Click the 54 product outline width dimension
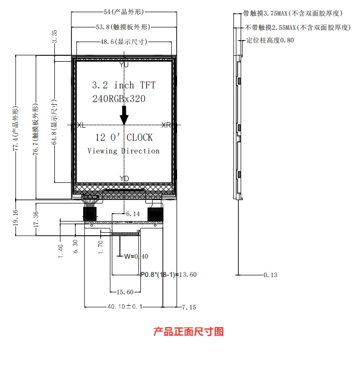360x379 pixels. (x=124, y=12)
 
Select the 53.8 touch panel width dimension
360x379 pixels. (x=123, y=27)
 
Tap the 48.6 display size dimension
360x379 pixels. (x=124, y=42)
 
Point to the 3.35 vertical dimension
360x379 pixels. (x=55, y=36)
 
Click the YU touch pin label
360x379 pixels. (x=124, y=65)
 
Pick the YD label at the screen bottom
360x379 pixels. (x=124, y=178)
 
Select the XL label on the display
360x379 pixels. (x=81, y=125)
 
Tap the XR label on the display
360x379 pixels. (x=166, y=125)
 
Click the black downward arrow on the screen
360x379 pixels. (x=124, y=115)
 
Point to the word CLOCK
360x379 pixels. (x=140, y=137)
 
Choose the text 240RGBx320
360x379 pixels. (x=119, y=99)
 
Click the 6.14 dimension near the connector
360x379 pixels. (x=133, y=214)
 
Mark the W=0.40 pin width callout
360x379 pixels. (x=136, y=256)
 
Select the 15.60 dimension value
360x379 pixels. (x=125, y=292)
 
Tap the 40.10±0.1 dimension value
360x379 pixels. (x=125, y=307)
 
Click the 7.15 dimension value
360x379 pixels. (x=189, y=307)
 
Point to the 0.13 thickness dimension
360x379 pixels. (x=270, y=275)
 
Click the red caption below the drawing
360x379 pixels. (x=188, y=332)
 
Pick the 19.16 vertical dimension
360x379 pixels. (x=15, y=218)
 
